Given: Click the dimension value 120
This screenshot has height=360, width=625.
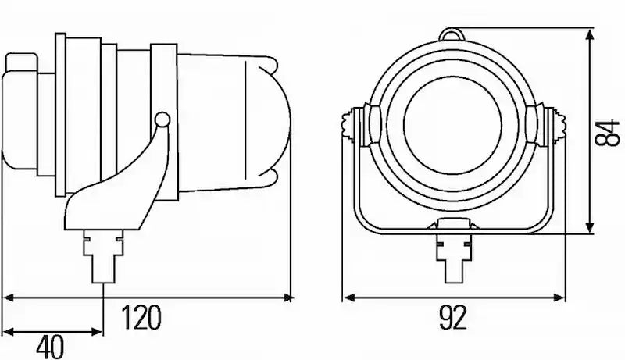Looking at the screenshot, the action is coord(141,317).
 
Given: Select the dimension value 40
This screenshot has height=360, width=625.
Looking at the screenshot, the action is coord(50,348).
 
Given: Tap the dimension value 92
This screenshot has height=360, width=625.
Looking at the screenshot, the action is coord(453,317).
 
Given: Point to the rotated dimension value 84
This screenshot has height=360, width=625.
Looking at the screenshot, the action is coord(607,133).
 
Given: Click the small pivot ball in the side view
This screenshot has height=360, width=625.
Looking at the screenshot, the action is coord(162,119).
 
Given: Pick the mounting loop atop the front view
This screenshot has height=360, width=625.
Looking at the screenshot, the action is coord(452,34).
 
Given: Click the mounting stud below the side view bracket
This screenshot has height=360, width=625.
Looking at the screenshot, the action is coord(103,257).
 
